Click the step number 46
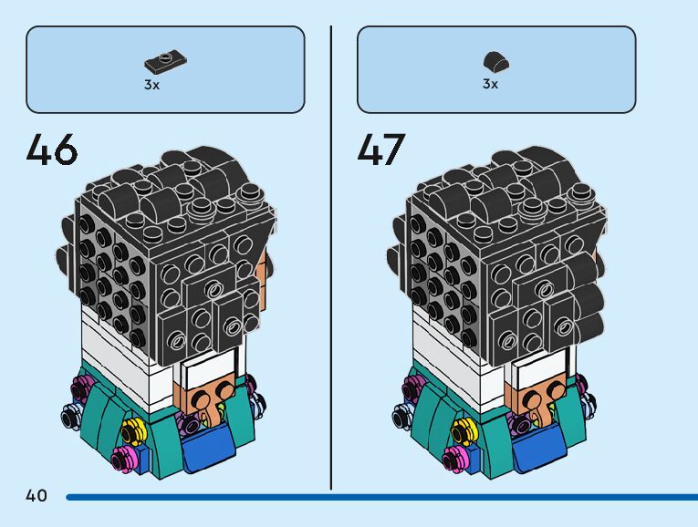click(52, 150)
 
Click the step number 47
click(380, 150)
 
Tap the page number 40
click(36, 496)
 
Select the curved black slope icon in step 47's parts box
click(495, 64)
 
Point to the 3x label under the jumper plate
click(151, 85)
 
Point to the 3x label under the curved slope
click(490, 85)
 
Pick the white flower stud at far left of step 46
click(69, 416)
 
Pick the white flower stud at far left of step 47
click(399, 416)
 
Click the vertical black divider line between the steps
click(331, 255)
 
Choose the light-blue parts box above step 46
click(165, 69)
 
